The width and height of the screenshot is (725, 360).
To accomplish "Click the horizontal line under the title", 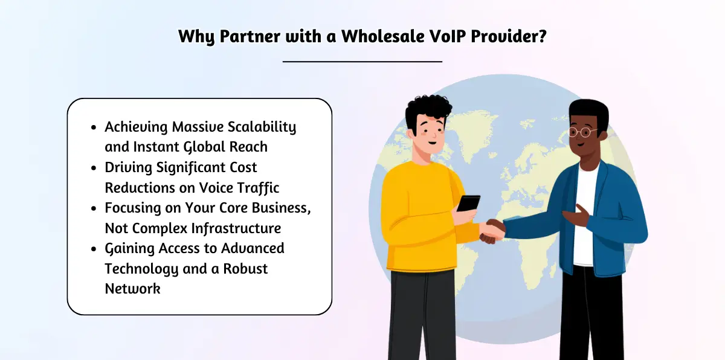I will coord(362,61).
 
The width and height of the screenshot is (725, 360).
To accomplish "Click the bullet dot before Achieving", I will coord(93,128).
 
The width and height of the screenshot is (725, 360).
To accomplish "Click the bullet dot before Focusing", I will coord(93,209).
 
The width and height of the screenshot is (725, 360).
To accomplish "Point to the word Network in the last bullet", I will coord(132,288).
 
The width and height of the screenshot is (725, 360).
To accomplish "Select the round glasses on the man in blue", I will coord(581,132).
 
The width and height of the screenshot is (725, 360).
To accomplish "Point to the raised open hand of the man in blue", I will coord(574,214).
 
